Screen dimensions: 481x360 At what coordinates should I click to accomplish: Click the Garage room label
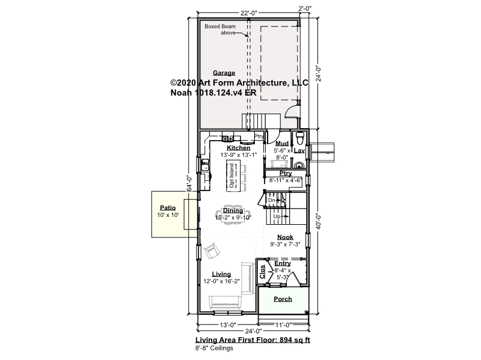click(x=224, y=73)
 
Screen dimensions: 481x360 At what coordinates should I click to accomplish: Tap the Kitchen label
click(x=238, y=148)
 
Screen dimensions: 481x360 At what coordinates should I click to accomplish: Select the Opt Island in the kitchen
click(x=232, y=175)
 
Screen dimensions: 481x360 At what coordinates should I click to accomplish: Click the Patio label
click(x=168, y=208)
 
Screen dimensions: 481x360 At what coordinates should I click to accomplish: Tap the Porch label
click(x=283, y=299)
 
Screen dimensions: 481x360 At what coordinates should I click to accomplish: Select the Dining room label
click(x=233, y=211)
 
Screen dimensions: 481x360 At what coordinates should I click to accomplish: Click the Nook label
click(x=285, y=237)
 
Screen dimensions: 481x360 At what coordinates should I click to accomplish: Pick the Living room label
click(x=221, y=274)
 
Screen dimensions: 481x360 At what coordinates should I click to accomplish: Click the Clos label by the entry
click(x=262, y=272)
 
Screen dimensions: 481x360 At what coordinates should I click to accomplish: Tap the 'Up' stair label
click(x=277, y=216)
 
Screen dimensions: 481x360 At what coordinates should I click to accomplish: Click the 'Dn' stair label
click(x=272, y=200)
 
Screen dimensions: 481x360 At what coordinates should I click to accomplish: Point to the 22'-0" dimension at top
click(x=249, y=13)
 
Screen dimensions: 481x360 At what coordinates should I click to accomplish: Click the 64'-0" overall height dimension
click(x=189, y=183)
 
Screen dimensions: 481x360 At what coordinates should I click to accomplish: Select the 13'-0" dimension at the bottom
click(x=227, y=325)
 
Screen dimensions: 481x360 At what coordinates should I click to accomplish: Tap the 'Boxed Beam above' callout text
click(x=220, y=29)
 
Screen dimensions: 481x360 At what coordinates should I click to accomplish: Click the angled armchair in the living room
click(x=212, y=251)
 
